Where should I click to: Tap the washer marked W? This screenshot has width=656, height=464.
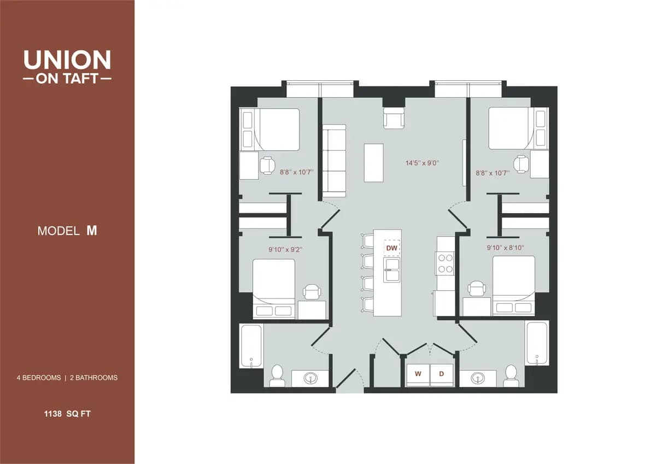pos(418,374)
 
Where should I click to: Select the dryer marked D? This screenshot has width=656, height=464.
pos(442,374)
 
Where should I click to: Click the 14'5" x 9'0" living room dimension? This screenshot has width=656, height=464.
pos(422,163)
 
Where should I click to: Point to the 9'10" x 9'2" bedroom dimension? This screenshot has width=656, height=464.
pos(285,249)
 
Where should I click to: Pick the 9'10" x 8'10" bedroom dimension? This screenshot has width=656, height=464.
pos(506,248)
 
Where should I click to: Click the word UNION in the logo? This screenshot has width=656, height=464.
pos(67,60)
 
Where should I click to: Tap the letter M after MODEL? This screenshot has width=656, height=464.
pos(92,231)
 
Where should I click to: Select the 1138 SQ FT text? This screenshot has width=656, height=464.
pos(67,414)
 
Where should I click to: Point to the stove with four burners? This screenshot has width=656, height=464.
pos(446,263)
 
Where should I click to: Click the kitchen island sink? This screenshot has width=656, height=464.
pos(391,269)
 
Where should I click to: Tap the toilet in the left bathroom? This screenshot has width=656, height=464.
pos(277,375)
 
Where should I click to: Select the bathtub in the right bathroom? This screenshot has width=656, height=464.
pos(537,343)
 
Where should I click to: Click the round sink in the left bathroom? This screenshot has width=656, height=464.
pos(309,378)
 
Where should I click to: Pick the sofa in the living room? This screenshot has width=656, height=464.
pos(333,161)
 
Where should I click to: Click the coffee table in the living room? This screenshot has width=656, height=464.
pos(374,162)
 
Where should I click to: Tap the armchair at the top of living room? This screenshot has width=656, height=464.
pos(394,118)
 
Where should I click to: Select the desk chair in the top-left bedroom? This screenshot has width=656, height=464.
pos(267,165)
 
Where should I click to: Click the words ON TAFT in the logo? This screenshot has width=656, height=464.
pos(67,79)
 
